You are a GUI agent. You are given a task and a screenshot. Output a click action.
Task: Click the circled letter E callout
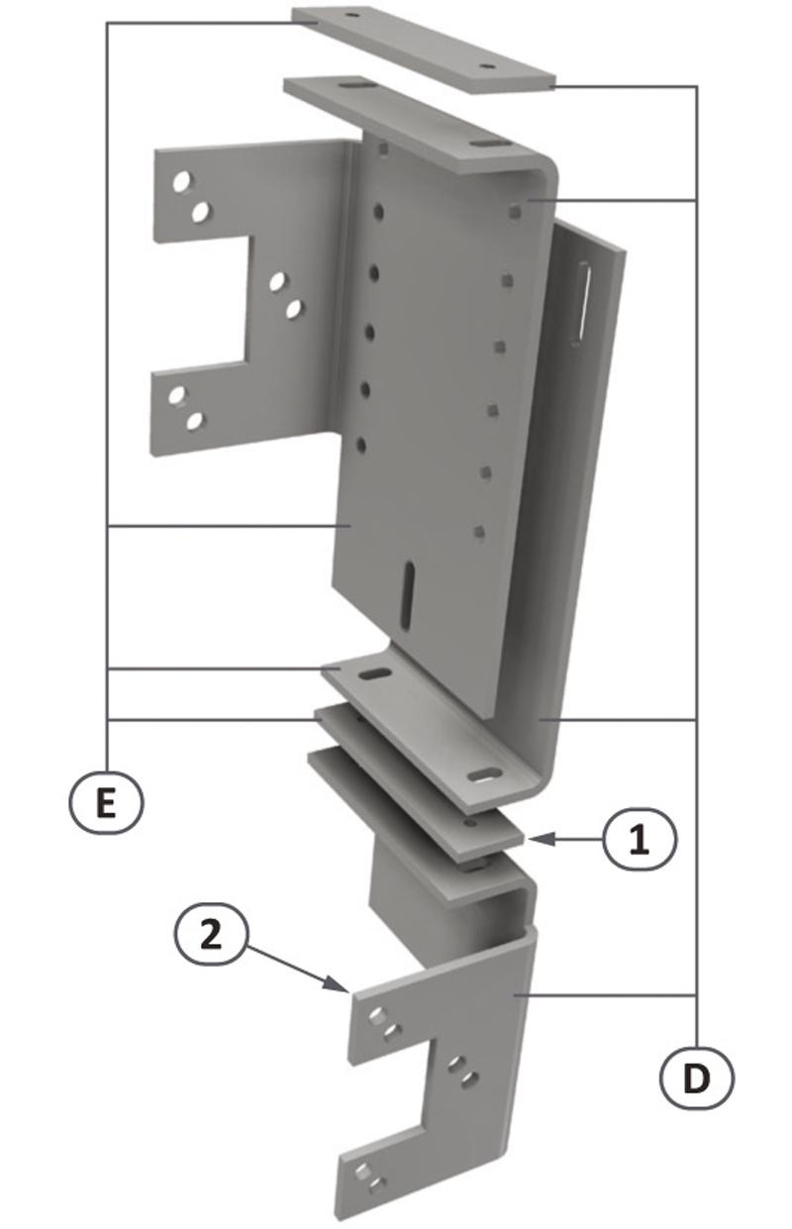[x=107, y=801]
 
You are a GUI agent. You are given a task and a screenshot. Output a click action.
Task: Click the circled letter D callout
[x=696, y=1077]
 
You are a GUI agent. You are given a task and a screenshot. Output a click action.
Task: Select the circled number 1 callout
[x=639, y=841]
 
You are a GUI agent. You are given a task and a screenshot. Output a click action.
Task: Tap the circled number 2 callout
[x=211, y=936]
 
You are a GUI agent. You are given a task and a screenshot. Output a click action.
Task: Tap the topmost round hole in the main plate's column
[x=378, y=211]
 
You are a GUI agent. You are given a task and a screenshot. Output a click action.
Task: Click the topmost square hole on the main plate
[x=515, y=211]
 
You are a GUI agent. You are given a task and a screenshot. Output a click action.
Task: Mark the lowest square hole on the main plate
[x=479, y=533]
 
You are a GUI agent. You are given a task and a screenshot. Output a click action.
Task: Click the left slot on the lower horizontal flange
[x=375, y=674]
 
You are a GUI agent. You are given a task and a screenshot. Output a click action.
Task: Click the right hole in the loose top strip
[x=486, y=66]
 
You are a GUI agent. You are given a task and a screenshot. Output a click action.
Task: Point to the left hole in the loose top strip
[x=351, y=17]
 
